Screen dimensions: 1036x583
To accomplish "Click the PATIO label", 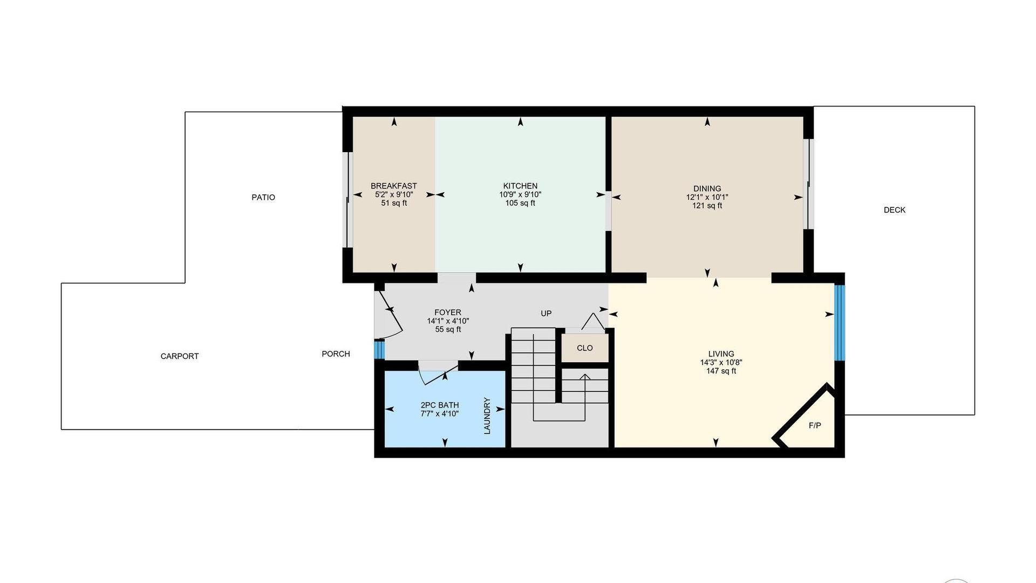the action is tap(263, 198).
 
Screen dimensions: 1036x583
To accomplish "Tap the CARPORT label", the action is tap(180, 356).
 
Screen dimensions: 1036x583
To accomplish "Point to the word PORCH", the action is tap(336, 354).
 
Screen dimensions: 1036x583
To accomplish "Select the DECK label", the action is tap(895, 210).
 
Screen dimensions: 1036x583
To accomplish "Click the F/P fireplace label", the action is tap(815, 425).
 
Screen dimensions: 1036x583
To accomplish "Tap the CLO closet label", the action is tap(585, 348).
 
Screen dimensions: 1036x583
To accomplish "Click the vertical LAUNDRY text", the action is tap(487, 416).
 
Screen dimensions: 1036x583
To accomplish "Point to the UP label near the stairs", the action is tap(546, 314).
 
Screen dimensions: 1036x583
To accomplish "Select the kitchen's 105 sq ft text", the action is tap(520, 203).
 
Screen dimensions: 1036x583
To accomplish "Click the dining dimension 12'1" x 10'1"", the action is tap(707, 198).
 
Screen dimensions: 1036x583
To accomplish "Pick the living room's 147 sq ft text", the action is tap(721, 371).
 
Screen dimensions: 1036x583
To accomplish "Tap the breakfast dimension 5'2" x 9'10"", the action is tap(394, 194).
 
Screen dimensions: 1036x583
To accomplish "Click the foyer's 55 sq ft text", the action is tap(448, 329).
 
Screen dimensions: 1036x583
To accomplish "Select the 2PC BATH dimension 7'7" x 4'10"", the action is tap(440, 414).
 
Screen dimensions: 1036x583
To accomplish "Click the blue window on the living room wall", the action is tap(840, 323).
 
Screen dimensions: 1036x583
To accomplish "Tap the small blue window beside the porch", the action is tap(379, 349).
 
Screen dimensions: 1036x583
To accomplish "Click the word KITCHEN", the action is tap(520, 186).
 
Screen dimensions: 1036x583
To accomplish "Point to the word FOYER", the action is tap(448, 313).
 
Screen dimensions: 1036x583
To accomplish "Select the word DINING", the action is tap(707, 189).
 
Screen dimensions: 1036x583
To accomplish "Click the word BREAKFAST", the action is tap(394, 186).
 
